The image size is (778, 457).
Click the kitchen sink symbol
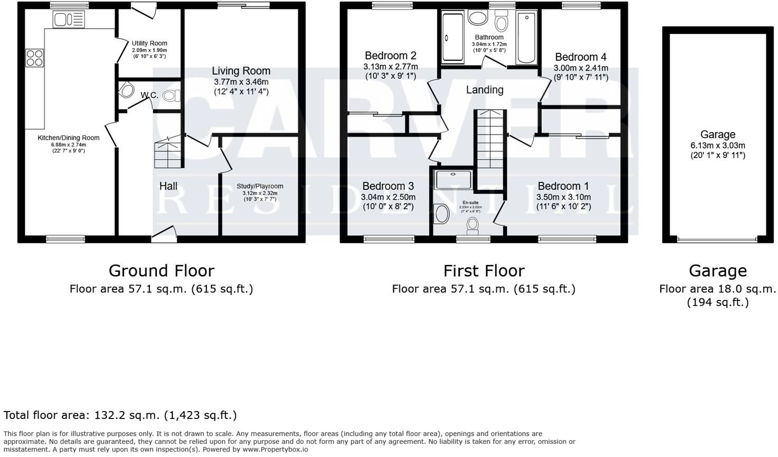click(x=68, y=20)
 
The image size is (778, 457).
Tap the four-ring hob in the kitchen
click(x=35, y=58)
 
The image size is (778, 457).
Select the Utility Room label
click(x=150, y=43)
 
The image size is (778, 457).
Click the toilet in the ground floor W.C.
click(x=172, y=96)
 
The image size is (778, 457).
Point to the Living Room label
click(x=241, y=71)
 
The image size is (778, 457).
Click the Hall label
click(x=169, y=186)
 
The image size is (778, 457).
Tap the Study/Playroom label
click(x=260, y=186)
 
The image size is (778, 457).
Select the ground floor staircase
click(x=169, y=153)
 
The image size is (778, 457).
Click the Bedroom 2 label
click(x=390, y=56)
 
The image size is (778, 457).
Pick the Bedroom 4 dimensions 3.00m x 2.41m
click(x=580, y=68)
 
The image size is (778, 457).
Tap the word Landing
click(x=484, y=90)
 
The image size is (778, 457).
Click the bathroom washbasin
click(x=479, y=19)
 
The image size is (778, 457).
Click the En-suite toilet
click(x=473, y=227)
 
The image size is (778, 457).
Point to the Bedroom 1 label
click(x=563, y=186)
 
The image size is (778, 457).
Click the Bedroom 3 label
click(x=388, y=186)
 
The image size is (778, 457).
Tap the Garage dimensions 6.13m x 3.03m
click(x=717, y=145)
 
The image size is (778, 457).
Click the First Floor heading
click(x=484, y=271)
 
